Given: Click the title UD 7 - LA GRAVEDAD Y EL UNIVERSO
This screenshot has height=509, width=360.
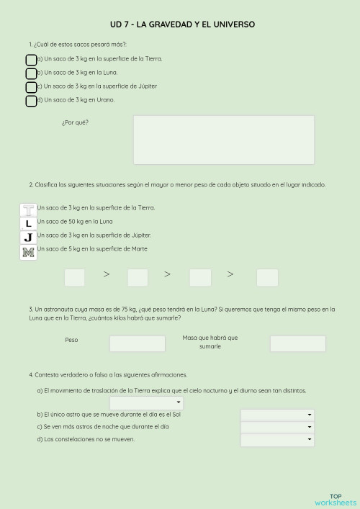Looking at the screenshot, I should click(x=182, y=24).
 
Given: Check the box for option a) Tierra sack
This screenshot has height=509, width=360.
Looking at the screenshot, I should click(x=31, y=60).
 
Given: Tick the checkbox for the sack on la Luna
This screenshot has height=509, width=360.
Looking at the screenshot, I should click(x=31, y=73).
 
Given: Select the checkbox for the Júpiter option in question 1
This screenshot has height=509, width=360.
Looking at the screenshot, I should click(x=31, y=87).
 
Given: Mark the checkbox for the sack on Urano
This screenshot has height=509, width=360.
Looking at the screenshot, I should click(x=31, y=101).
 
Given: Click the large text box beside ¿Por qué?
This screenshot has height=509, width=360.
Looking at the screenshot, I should click(x=223, y=140).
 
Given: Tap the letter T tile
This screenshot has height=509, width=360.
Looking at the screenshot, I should click(x=28, y=210).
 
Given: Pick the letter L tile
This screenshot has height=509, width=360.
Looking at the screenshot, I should click(x=28, y=223).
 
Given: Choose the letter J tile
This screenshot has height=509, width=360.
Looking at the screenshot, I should click(x=28, y=237).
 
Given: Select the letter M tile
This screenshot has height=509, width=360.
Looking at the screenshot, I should click(x=28, y=251).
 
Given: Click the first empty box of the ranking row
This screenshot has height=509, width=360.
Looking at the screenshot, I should click(x=75, y=277).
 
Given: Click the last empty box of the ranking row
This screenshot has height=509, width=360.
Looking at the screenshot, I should click(x=267, y=277).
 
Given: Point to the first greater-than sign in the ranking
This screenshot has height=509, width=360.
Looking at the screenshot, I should click(x=107, y=274).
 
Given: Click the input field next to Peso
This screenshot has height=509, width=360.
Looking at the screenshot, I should click(x=137, y=343).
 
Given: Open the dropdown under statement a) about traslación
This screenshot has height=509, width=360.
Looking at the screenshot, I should click(x=156, y=403).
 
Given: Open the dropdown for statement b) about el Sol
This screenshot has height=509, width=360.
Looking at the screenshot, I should click(x=277, y=415).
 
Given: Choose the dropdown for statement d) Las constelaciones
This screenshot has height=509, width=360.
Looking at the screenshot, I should click(x=277, y=440).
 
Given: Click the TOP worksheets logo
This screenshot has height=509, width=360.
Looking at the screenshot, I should click(x=335, y=499).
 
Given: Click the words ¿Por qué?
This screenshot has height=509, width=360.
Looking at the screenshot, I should click(x=75, y=122).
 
